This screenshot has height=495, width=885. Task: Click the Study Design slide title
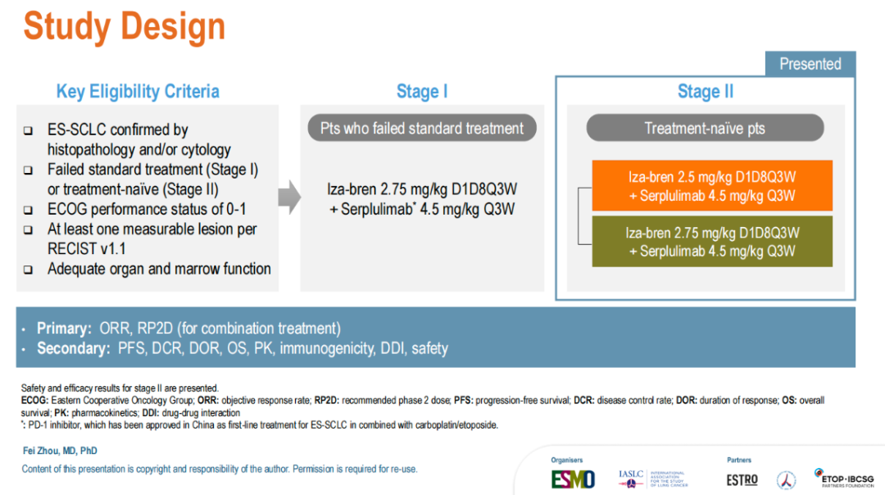125,26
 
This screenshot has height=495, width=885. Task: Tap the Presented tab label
810,64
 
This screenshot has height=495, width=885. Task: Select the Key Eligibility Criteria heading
138,92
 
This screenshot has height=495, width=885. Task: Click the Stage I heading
422,92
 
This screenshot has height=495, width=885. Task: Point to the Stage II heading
706,92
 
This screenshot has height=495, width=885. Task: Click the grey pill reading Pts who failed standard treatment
422,128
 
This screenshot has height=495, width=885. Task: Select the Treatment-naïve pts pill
705,128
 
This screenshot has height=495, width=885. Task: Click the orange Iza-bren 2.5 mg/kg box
712,186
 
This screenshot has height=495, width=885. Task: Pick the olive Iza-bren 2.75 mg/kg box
712,242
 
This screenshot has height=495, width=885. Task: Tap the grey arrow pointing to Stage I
289,197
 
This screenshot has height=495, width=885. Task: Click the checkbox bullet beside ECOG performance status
28,210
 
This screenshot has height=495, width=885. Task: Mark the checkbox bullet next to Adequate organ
28,270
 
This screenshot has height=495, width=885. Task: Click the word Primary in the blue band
64,329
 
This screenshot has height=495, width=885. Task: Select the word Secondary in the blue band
74,348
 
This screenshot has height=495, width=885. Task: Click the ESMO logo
573,479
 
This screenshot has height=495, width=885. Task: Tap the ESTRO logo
742,480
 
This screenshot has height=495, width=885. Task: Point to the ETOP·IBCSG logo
844,478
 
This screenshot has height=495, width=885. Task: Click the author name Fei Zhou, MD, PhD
60,451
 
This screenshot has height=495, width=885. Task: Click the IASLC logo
653,479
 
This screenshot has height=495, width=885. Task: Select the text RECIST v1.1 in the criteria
87,249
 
